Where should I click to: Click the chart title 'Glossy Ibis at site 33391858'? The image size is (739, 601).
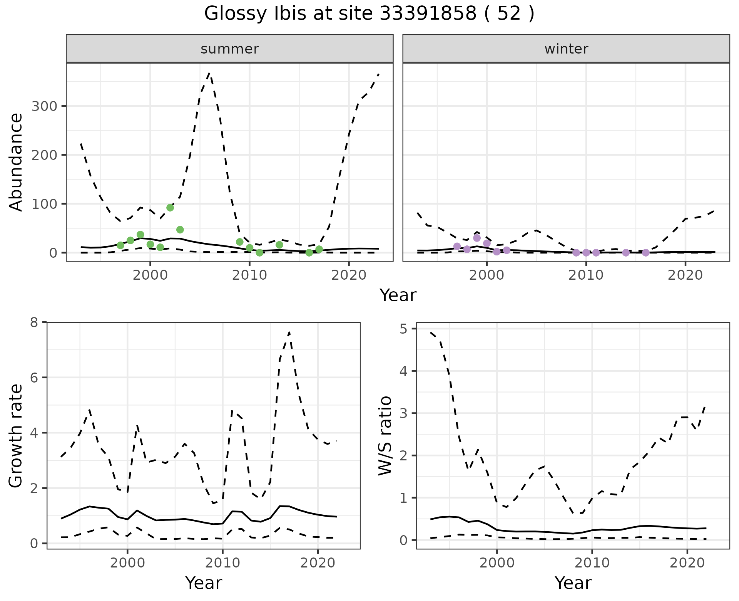tap(369, 14)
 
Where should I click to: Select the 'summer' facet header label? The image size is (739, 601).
tap(229, 49)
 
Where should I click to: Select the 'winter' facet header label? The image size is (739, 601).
tap(566, 49)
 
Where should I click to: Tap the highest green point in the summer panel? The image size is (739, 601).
tap(170, 208)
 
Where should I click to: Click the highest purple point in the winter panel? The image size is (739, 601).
tap(477, 238)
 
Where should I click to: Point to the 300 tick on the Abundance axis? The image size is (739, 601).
tap(44, 106)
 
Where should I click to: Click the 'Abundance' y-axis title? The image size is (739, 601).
tap(16, 162)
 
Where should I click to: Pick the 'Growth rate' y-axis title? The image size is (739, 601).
tap(16, 435)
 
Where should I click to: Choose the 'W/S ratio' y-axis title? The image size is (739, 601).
tap(385, 435)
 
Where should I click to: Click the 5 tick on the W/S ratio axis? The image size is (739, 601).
tap(406, 329)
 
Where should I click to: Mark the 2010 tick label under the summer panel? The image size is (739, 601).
tap(249, 275)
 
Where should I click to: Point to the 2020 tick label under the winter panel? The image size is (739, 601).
tap(685, 275)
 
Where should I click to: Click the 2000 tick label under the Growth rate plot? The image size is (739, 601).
tap(127, 563)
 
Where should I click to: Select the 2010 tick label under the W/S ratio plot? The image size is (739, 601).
tap(592, 563)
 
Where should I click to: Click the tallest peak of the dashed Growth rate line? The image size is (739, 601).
tap(289, 332)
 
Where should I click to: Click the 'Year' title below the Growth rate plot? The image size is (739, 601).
tap(204, 583)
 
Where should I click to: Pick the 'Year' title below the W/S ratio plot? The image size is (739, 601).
tap(573, 583)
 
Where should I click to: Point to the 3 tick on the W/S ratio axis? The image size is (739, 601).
tap(406, 413)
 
